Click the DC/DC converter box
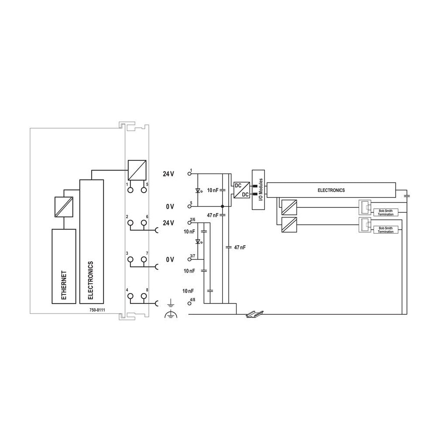click(242, 190)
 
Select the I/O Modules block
click(258, 190)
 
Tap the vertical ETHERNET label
click(64, 285)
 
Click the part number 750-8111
click(97, 310)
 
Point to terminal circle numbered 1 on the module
click(130, 190)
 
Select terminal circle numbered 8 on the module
click(144, 296)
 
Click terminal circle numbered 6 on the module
click(144, 223)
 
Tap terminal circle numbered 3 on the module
click(130, 260)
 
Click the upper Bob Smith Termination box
click(386, 213)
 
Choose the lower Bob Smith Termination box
click(386, 230)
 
